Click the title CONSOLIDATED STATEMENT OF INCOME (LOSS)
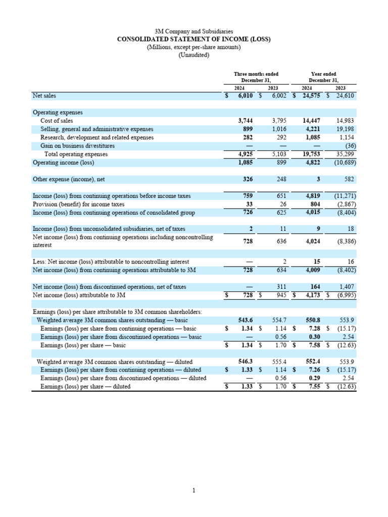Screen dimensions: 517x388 [x=193, y=39]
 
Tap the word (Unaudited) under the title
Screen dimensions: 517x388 [x=193, y=55]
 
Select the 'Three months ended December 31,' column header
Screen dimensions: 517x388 [x=256, y=77]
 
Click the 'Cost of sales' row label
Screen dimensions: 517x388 [x=57, y=121]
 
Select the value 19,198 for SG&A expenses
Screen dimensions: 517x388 [x=347, y=129]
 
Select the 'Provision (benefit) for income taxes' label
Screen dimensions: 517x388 [x=78, y=204]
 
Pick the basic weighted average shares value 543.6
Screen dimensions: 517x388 [x=246, y=321]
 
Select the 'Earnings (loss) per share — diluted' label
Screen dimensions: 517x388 [x=85, y=387]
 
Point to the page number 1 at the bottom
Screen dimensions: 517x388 [x=193, y=490]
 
